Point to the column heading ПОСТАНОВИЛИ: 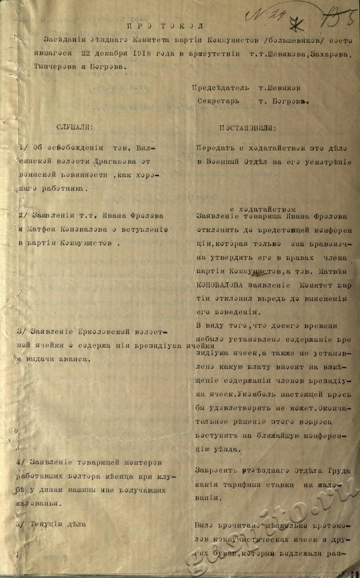247,127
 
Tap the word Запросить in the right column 217,470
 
